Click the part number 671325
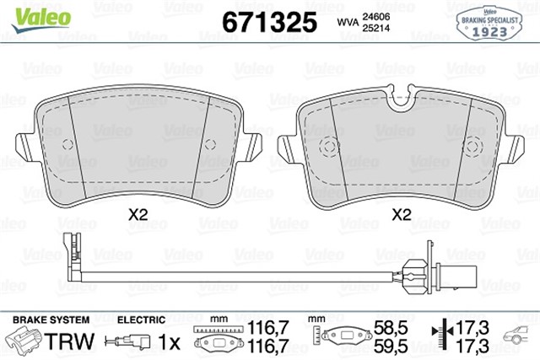coord(267,21)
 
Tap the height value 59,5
coord(382,347)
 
